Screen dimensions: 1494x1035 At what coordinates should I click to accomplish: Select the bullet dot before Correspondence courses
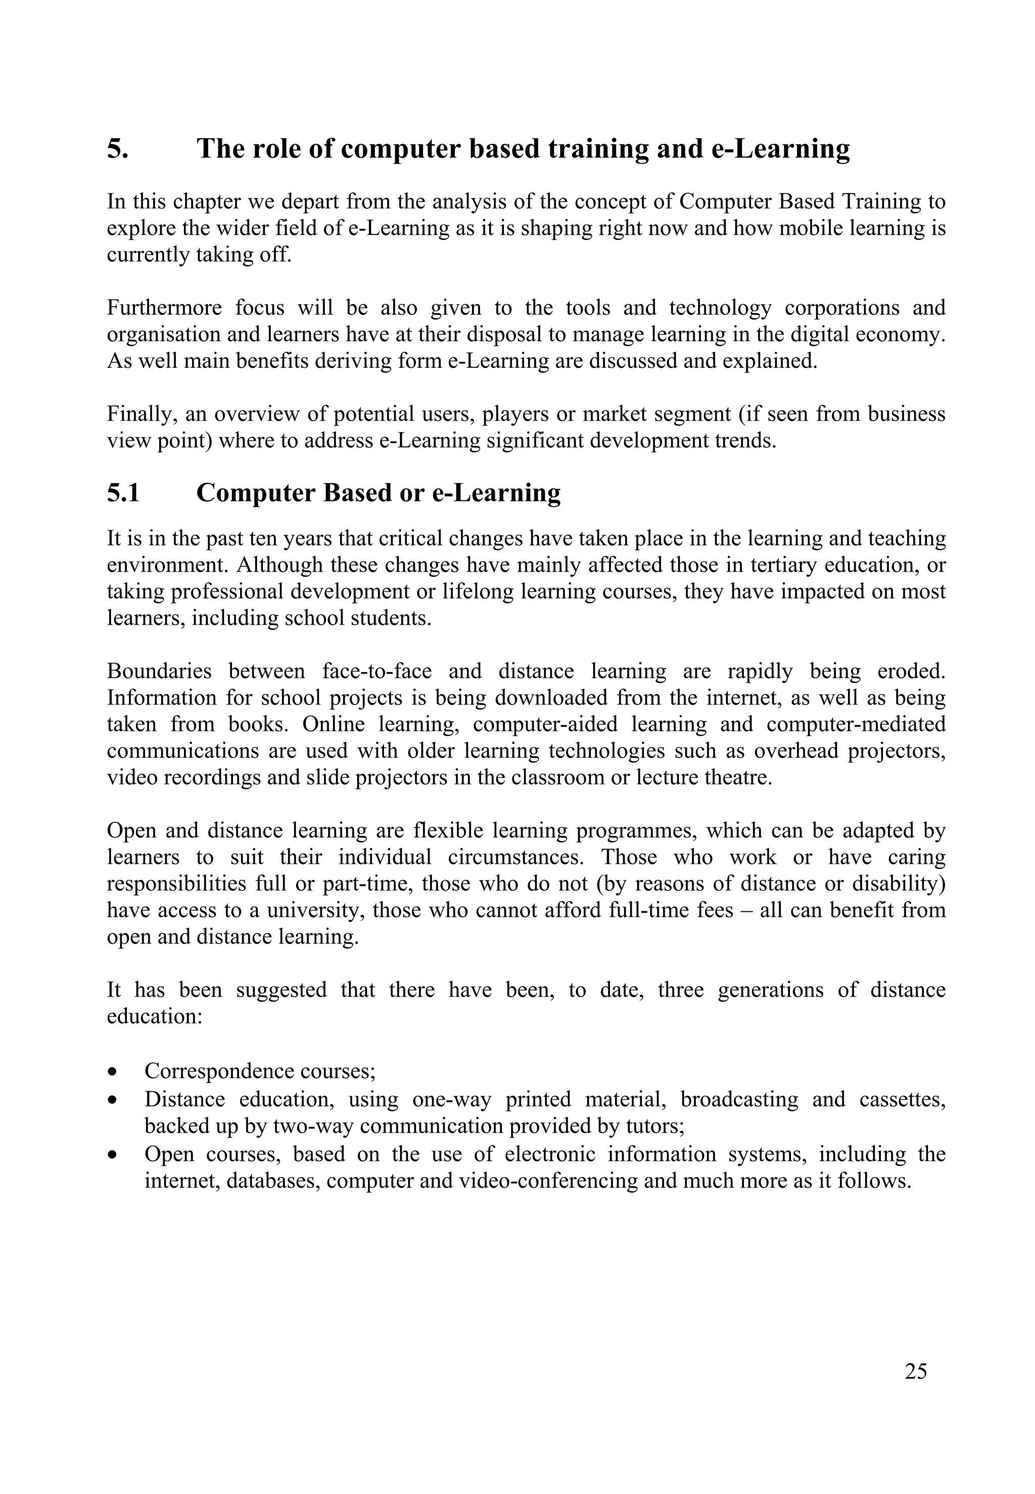point(114,1072)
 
